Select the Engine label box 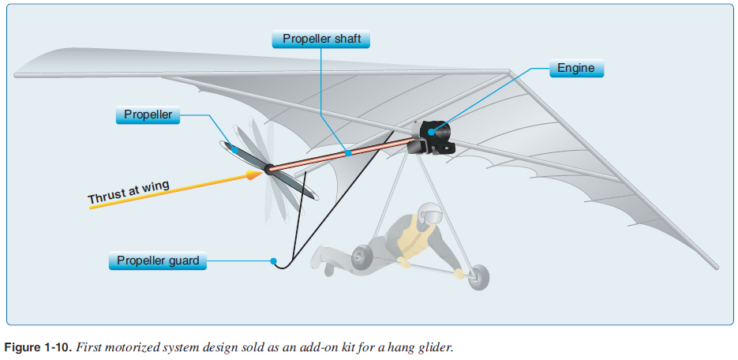(x=575, y=68)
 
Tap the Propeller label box (x=148, y=115)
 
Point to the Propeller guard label (x=157, y=261)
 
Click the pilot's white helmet (x=428, y=213)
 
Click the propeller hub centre (x=268, y=167)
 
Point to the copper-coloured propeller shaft (x=339, y=154)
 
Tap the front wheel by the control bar (x=479, y=278)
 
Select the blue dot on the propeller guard (x=272, y=260)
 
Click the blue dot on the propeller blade (x=234, y=149)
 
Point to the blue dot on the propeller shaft (x=347, y=152)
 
